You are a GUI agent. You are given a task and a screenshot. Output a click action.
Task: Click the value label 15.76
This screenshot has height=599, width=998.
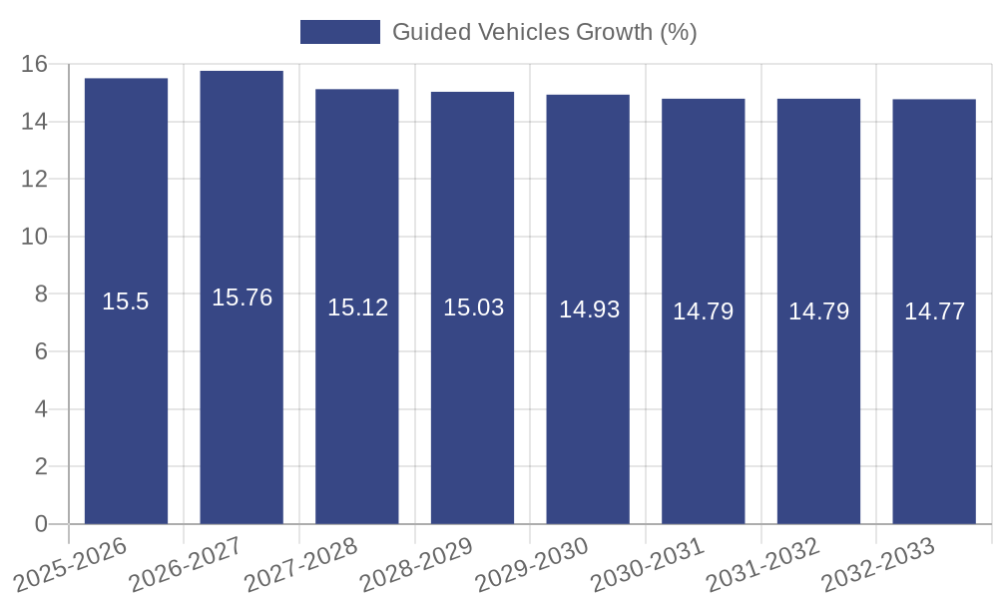(242, 298)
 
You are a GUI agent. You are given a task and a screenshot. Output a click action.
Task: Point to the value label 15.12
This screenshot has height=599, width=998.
(357, 307)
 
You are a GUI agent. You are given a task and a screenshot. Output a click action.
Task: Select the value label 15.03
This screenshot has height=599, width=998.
(473, 307)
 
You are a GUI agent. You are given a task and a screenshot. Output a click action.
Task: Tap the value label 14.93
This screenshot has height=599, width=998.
(589, 309)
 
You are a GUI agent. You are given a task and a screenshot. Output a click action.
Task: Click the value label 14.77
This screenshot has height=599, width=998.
(934, 311)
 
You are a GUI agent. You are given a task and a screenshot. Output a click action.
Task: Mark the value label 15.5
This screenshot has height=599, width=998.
(126, 301)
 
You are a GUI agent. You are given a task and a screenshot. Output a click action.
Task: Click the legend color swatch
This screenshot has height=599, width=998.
(340, 32)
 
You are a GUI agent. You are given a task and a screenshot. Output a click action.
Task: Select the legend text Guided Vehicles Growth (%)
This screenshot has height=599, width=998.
(544, 32)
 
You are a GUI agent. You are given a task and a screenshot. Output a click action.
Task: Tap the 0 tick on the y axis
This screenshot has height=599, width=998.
(41, 524)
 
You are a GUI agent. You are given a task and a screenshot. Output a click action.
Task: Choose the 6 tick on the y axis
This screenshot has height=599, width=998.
(41, 351)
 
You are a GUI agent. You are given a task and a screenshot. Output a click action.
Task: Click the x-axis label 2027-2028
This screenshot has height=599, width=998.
(300, 564)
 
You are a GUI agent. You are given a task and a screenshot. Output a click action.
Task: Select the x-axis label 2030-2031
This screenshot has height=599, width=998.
(647, 564)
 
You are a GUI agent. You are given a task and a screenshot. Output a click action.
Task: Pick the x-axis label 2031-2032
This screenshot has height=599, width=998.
(762, 564)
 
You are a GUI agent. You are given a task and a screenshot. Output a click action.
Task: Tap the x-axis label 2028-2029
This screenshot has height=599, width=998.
(416, 564)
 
